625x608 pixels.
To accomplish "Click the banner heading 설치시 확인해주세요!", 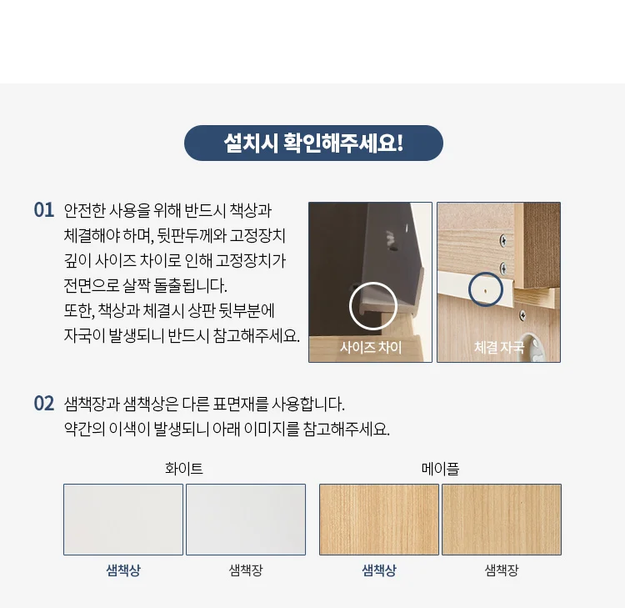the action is coord(313,143).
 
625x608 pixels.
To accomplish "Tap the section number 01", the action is coord(44,210).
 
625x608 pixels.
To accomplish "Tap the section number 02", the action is coord(44,404).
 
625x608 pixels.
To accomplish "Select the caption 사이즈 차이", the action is coord(371,347).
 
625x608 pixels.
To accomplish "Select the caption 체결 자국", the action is coord(498,347).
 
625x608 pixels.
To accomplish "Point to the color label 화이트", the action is coord(184,469).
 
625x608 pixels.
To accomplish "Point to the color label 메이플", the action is coord(440,469).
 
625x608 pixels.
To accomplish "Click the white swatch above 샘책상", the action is coord(123,520).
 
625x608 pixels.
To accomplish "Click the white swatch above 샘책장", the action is coord(246,520).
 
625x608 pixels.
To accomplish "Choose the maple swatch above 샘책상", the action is coord(379,520).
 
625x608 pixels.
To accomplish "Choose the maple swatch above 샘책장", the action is coord(502,520).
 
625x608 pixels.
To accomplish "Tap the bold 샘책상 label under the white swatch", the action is coord(123,570).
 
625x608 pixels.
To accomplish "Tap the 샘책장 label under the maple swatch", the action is coord(502,570).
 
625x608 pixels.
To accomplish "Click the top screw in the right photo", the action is coord(503,240).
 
